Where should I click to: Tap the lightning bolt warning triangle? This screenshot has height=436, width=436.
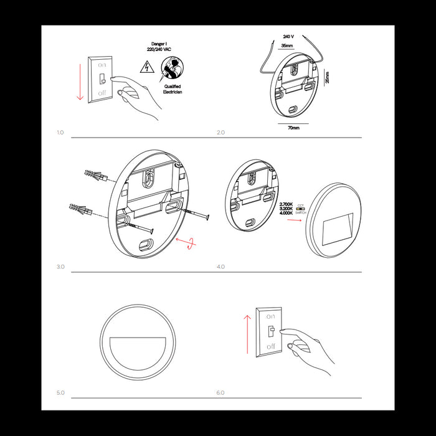[146, 66]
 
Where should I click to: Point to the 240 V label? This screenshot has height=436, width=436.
[288, 36]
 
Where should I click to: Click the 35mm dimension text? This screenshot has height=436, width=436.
[288, 45]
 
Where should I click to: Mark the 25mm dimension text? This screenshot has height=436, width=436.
[328, 77]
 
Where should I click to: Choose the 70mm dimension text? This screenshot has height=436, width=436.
[293, 128]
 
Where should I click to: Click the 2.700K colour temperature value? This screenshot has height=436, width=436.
[286, 204]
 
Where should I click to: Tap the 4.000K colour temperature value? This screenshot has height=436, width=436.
[286, 214]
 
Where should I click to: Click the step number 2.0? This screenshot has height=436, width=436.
[220, 133]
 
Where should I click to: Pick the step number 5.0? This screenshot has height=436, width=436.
[60, 393]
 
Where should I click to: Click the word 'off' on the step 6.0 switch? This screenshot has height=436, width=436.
[270, 346]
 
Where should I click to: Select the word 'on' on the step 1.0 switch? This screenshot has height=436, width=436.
[102, 64]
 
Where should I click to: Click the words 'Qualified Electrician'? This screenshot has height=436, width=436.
[172, 88]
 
